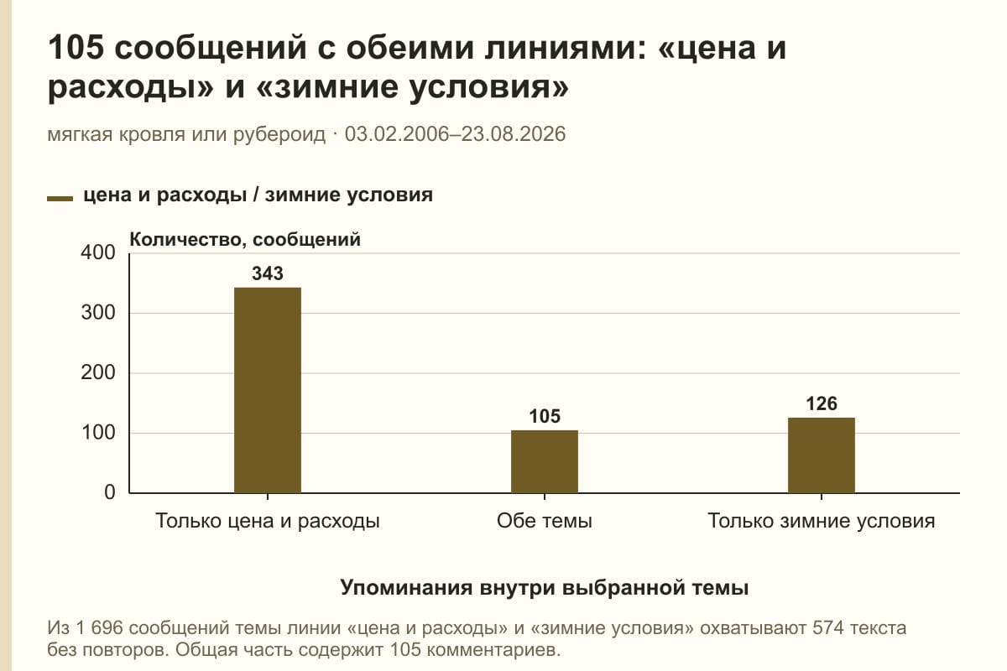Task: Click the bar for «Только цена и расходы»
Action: pos(268,390)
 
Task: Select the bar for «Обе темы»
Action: pos(545,461)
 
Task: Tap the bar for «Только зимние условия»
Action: pos(822,455)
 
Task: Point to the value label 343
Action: pos(268,273)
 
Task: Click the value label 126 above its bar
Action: pos(822,403)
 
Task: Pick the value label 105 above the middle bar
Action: pos(545,416)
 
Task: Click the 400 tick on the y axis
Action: pos(98,252)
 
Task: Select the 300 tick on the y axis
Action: pos(98,313)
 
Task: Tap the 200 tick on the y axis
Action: pos(98,372)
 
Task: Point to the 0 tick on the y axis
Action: pos(110,492)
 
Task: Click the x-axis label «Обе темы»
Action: pos(545,521)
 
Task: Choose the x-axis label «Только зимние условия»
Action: pos(822,521)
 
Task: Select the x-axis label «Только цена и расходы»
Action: pos(268,521)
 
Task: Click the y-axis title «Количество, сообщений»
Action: pos(245,240)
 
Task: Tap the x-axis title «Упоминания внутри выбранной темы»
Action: pos(545,587)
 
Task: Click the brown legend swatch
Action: pos(60,198)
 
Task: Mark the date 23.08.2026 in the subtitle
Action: pos(514,134)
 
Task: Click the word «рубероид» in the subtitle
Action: pos(279,135)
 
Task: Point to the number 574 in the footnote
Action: pos(827,628)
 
